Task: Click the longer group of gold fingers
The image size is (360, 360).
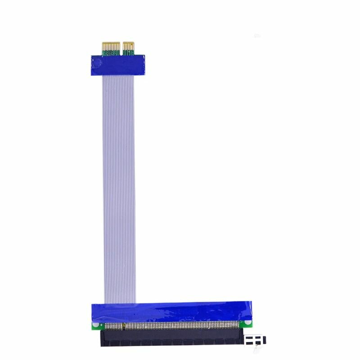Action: click(x=112, y=46)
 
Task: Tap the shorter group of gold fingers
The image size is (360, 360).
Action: click(x=129, y=46)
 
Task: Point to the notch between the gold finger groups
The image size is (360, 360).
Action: click(x=121, y=47)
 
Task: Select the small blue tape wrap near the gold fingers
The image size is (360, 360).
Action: click(x=117, y=64)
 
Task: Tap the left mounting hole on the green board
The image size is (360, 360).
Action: click(x=95, y=324)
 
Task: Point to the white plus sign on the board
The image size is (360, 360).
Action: click(x=101, y=324)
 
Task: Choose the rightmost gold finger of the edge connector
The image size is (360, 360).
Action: click(x=133, y=46)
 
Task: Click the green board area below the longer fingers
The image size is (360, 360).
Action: click(x=112, y=53)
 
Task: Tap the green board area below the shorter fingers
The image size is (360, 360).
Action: click(x=129, y=53)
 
